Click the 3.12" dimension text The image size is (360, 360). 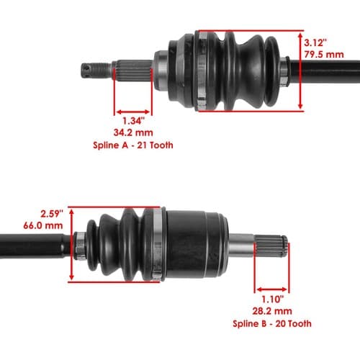pos(315,43)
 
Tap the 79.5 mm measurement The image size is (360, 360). pos(324,55)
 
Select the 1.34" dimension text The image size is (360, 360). pos(134,121)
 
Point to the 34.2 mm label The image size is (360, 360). pos(133,132)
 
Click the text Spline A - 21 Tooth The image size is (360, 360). pos(133,145)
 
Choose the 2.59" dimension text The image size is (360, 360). pos(52,214)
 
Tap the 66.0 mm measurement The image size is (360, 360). pos(43,225)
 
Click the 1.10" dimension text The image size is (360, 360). pos(272,300)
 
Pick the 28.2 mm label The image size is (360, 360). pos(272,311)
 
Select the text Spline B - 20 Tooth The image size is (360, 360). pos(272,324)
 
